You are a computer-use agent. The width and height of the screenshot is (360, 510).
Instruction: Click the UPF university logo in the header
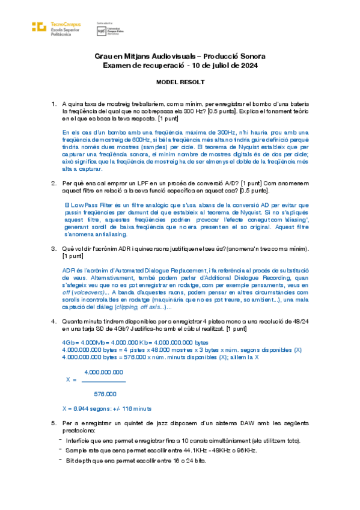[101, 29]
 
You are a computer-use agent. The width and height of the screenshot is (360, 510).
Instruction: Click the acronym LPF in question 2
[141, 183]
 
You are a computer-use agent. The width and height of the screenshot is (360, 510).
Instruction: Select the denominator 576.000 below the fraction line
[106, 394]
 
